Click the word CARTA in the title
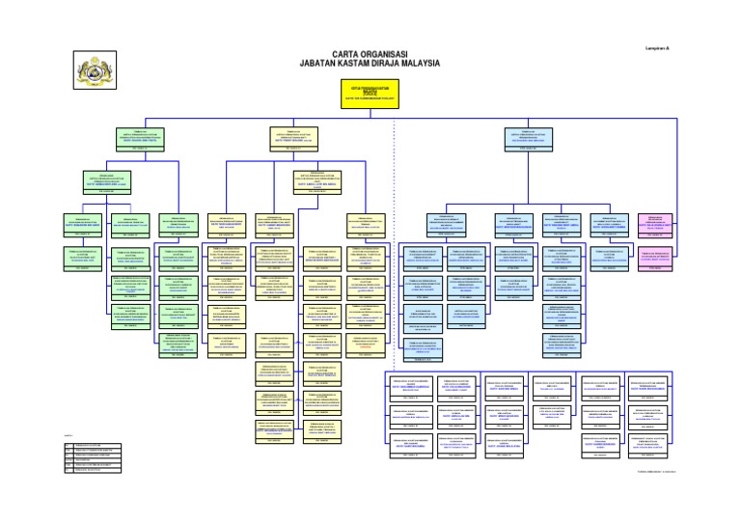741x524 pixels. click(x=349, y=54)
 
